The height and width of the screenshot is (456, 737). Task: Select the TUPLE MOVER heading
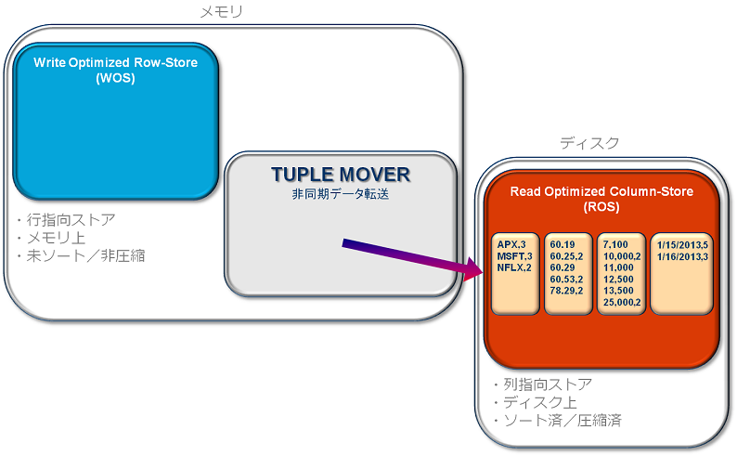click(x=340, y=176)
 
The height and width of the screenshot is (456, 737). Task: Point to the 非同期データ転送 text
click(x=340, y=195)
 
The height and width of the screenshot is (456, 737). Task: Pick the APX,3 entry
click(x=513, y=244)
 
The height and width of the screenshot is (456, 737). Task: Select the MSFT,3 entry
click(x=514, y=255)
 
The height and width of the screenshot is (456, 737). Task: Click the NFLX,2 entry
click(x=514, y=267)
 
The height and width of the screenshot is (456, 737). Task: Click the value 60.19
click(x=560, y=244)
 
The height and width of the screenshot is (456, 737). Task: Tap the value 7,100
click(x=615, y=244)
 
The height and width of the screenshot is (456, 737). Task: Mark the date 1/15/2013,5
click(x=680, y=244)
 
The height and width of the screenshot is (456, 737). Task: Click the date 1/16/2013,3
click(x=680, y=255)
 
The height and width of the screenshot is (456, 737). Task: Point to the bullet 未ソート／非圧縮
click(x=84, y=254)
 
